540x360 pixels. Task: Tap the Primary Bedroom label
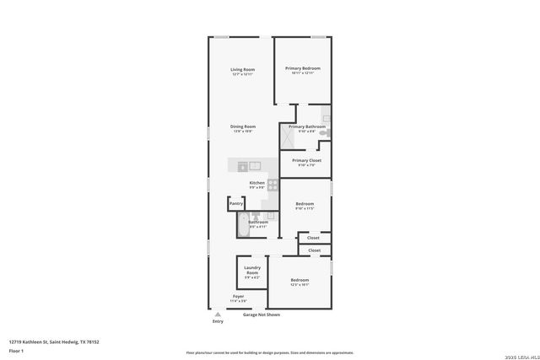click(302, 68)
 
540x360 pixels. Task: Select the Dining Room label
click(243, 126)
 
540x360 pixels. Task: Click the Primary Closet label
click(306, 160)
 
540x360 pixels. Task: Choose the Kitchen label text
click(256, 183)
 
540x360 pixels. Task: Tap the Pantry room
click(236, 203)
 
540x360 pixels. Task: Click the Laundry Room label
click(251, 271)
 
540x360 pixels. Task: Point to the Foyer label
click(239, 297)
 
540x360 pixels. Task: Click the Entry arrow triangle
click(218, 314)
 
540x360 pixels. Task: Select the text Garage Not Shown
click(261, 314)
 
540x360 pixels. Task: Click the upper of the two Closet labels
click(313, 238)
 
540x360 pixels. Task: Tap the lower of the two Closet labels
click(313, 250)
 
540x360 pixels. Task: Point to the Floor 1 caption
click(16, 351)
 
